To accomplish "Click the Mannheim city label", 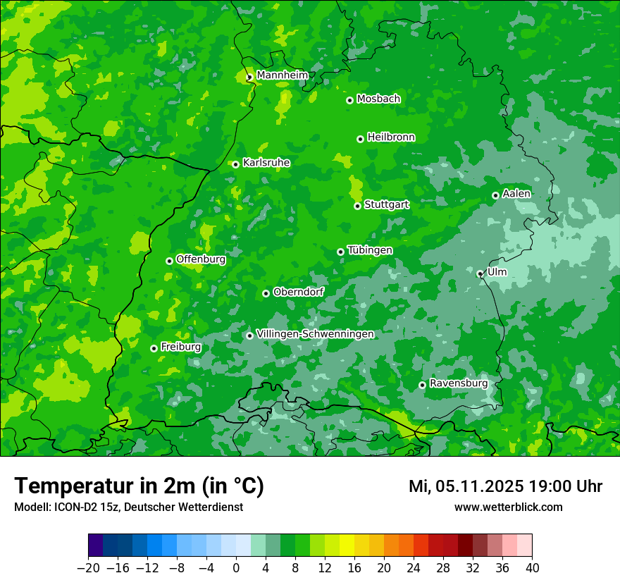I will coord(282,75).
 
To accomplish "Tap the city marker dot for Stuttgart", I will coord(357,206).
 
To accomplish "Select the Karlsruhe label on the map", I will coord(266,163).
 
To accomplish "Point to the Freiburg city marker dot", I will coord(154,348).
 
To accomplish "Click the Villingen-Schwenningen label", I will coord(315,334).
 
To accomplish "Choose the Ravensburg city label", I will coord(458,383).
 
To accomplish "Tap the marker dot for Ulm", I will coord(480,273).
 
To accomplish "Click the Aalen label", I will coord(516,194).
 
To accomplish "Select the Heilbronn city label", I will coord(391,137).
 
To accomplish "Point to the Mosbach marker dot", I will coord(349,100).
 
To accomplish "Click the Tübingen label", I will coord(370,250).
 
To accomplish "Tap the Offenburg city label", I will coord(201,259).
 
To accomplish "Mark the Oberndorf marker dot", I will coord(266,293).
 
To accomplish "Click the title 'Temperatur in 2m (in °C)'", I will coord(139,486).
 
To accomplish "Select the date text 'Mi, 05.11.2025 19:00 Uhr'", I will coord(505,486).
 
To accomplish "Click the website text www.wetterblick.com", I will coord(508,507).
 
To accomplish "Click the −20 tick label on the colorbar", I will coord(88,568).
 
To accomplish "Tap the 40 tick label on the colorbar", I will coord(532,568).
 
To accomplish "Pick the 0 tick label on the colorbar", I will coord(236,568).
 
